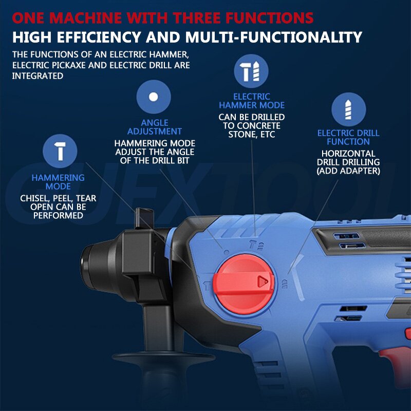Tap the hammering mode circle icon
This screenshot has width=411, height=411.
pyautogui.click(x=61, y=151)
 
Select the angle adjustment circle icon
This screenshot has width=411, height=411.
pyautogui.click(x=153, y=97)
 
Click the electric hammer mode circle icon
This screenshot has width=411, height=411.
pyautogui.click(x=251, y=71)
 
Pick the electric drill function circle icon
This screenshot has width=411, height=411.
pyautogui.click(x=348, y=109)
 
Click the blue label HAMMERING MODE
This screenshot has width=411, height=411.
pyautogui.click(x=58, y=182)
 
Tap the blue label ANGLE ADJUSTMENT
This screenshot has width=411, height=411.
pyautogui.click(x=155, y=127)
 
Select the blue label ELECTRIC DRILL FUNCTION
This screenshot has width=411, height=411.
pyautogui.click(x=348, y=137)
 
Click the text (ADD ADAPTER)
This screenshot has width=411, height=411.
pyautogui.click(x=348, y=171)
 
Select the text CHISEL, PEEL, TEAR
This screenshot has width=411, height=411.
pyautogui.click(x=58, y=198)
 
